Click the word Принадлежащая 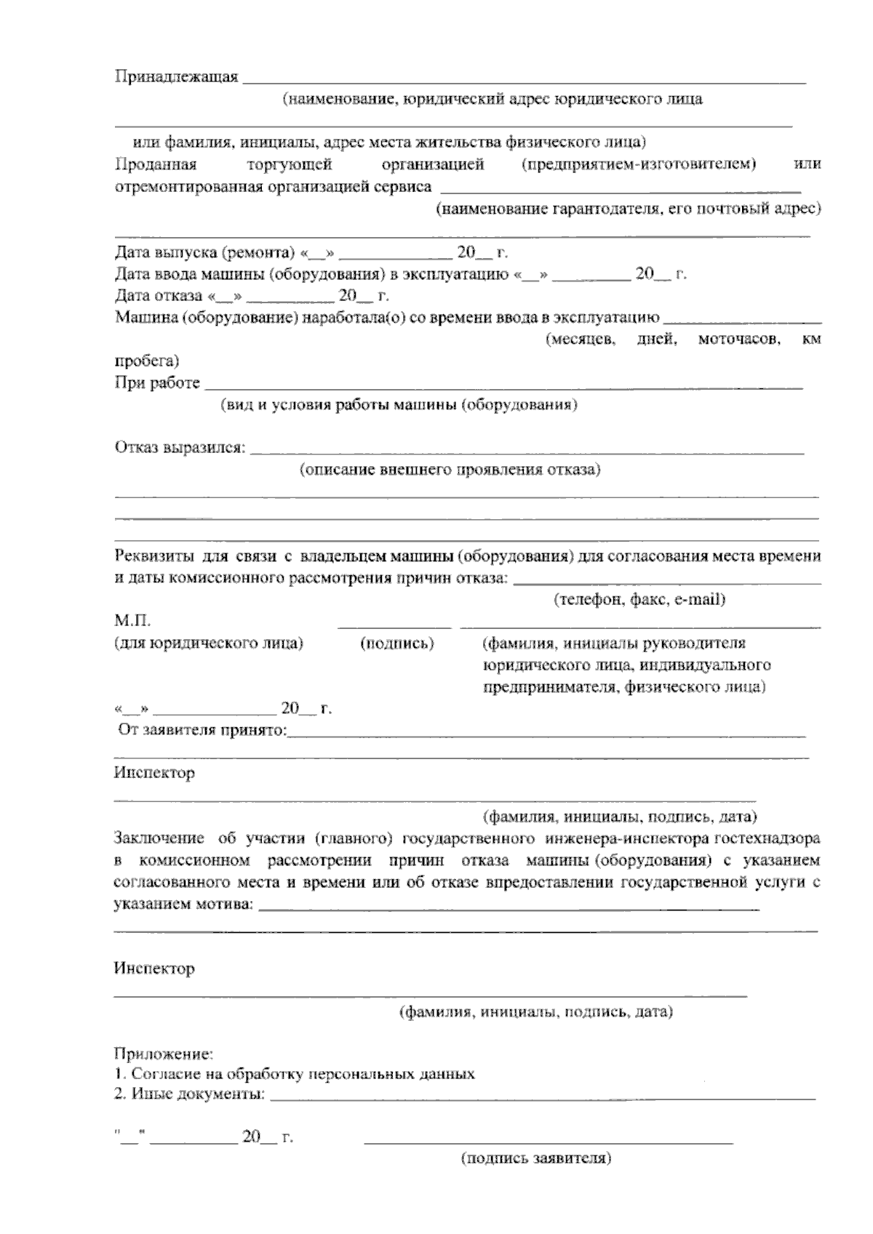176,77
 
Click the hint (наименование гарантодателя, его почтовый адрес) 628,209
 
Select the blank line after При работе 502,385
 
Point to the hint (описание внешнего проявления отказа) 450,470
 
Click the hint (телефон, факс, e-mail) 639,600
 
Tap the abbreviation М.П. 132,622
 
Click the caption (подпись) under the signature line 397,644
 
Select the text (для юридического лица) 208,644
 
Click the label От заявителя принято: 203,729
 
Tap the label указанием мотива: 185,905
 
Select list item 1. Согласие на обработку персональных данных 295,1074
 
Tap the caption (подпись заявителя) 535,1159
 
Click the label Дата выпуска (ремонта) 204,253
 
